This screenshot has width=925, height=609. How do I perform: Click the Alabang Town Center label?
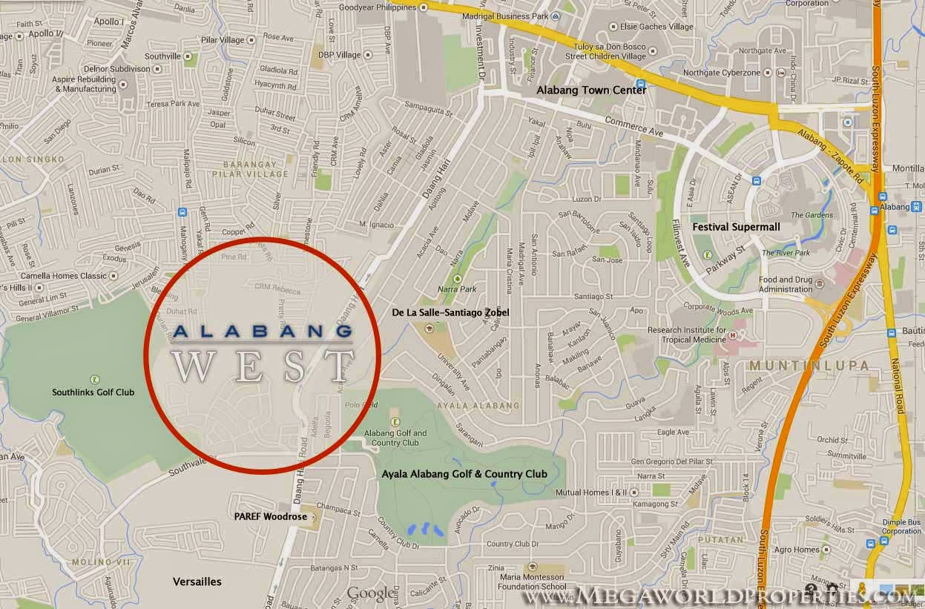tap(591, 90)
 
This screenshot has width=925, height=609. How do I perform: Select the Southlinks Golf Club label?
tap(93, 392)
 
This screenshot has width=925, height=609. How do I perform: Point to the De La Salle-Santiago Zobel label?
tap(450, 313)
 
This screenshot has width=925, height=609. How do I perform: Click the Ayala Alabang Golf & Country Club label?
tap(464, 474)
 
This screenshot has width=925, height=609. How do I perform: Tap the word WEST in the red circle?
tap(263, 366)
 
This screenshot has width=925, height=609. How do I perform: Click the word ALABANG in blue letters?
tap(260, 331)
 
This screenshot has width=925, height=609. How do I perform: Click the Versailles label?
tap(197, 582)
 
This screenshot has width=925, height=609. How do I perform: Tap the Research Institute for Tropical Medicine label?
tap(687, 335)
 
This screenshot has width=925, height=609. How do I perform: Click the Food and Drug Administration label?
tap(786, 284)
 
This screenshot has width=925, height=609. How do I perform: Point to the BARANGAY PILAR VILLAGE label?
tap(250, 169)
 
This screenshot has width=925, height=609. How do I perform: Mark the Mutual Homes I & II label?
tap(591, 492)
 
